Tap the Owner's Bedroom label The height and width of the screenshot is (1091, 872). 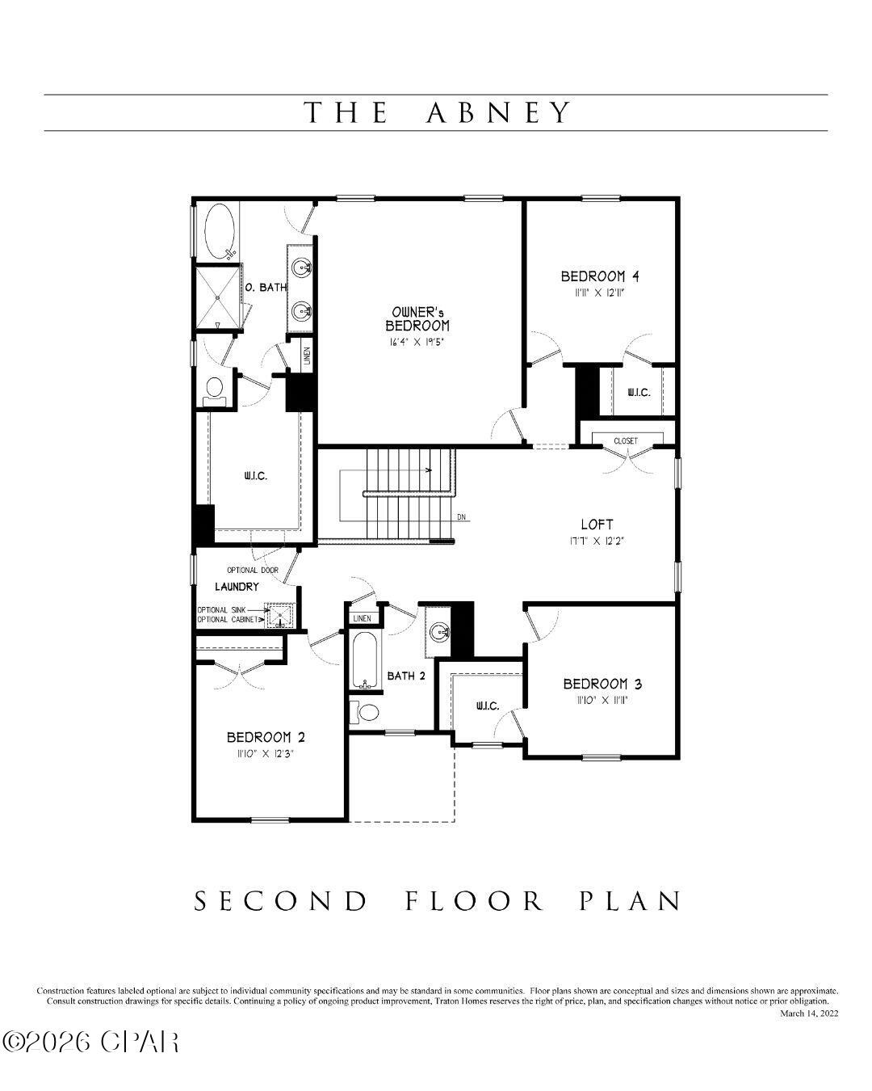(x=417, y=318)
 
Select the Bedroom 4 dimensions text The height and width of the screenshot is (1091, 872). (x=600, y=293)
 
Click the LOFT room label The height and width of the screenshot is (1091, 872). (x=597, y=524)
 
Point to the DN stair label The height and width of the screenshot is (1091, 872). (x=461, y=517)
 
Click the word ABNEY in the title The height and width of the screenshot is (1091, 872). (x=498, y=112)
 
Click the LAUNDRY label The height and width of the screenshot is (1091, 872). (x=237, y=587)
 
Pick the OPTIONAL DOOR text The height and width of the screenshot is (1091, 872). (x=253, y=571)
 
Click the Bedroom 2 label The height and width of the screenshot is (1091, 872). (x=266, y=737)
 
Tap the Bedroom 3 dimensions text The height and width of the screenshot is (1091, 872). (x=602, y=701)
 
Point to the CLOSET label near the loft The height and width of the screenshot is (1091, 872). (x=626, y=441)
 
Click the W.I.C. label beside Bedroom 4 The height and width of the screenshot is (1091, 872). (x=639, y=393)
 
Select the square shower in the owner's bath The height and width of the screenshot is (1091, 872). (x=217, y=297)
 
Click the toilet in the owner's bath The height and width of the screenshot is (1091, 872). (x=215, y=390)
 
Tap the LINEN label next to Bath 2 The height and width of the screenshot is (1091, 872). (x=362, y=618)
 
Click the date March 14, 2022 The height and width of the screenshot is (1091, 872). (x=809, y=1013)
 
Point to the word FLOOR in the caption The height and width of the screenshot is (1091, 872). (x=474, y=901)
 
